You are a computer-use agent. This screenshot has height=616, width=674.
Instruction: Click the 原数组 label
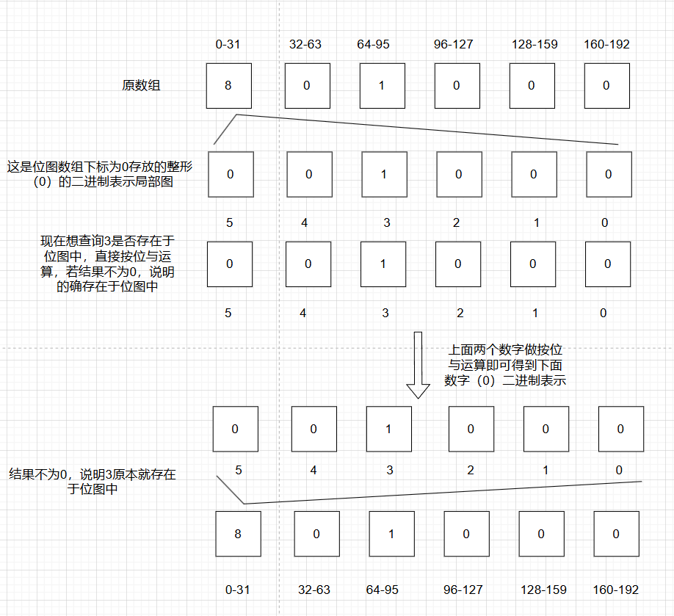click(141, 85)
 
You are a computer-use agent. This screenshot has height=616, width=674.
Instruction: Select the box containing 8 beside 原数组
click(228, 85)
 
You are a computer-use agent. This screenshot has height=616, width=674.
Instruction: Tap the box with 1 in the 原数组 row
click(382, 85)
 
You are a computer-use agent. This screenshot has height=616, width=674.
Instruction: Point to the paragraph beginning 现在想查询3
click(108, 264)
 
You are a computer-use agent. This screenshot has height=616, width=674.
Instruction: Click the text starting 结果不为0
click(93, 482)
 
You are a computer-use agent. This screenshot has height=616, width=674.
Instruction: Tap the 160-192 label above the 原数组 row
click(606, 44)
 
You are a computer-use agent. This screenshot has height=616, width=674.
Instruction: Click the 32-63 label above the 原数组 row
click(305, 44)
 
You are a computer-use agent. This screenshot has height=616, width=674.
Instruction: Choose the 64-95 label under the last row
click(383, 590)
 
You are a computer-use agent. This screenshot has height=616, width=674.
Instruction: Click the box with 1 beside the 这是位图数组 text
click(384, 174)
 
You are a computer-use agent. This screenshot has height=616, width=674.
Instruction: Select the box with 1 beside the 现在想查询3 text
click(383, 264)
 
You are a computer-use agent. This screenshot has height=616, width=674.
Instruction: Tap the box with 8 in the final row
click(238, 534)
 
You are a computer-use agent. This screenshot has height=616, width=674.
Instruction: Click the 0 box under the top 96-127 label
click(457, 85)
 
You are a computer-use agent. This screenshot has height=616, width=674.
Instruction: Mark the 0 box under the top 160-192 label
click(606, 85)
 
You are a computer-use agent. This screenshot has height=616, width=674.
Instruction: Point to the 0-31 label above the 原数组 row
click(228, 44)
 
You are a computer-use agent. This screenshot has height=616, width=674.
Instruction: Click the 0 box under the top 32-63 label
click(307, 85)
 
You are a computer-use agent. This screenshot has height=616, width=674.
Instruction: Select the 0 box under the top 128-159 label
click(532, 85)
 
